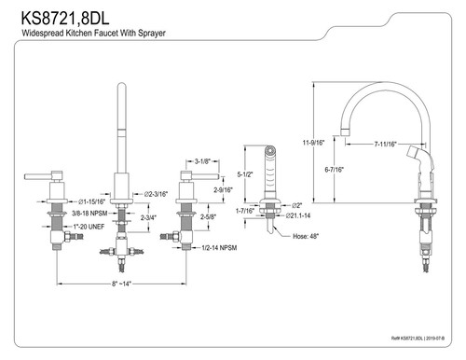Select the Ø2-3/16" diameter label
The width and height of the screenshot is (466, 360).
[154, 194]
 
